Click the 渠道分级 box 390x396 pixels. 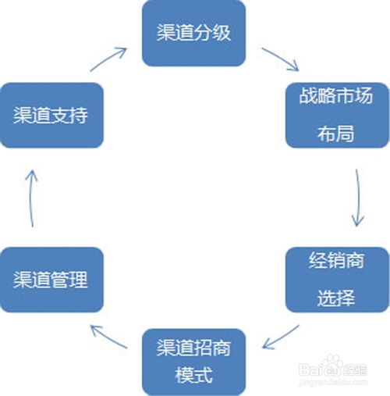194,34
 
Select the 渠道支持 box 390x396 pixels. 51,115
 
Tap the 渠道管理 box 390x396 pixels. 51,280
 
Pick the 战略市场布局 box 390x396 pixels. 338,115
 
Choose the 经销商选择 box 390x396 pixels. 338,280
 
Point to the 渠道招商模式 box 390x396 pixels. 194,362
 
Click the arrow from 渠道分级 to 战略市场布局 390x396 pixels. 281,59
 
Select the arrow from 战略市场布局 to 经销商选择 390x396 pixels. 359,198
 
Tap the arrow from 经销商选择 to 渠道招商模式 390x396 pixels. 281,337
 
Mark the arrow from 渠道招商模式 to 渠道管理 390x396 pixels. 108,337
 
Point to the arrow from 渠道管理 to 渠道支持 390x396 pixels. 31,198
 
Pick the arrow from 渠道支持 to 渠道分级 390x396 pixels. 108,59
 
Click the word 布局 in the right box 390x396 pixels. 335,134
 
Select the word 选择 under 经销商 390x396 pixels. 335,298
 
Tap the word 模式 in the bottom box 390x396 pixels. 194,375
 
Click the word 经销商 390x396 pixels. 336,260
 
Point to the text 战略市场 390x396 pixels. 336,95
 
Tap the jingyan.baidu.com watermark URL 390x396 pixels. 333,382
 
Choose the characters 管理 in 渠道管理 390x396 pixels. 69,280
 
